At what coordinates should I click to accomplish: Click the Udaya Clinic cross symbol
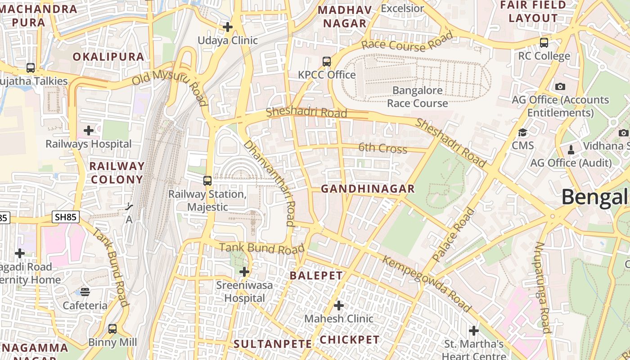(x=228, y=27)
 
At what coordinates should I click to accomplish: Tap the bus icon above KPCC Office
(x=327, y=62)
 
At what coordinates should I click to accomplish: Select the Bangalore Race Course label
(x=418, y=97)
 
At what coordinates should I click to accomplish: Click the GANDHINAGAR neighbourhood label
(x=368, y=189)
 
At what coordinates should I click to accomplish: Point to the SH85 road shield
(x=66, y=217)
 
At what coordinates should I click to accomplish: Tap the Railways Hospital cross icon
(x=89, y=131)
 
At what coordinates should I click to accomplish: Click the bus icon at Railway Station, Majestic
(x=207, y=181)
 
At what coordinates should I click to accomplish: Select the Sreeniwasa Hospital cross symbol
(x=244, y=272)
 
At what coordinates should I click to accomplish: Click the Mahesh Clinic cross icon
(x=339, y=306)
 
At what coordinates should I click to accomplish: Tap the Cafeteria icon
(x=85, y=292)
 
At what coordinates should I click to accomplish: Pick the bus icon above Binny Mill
(x=112, y=329)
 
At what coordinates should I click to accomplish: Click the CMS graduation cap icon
(x=522, y=132)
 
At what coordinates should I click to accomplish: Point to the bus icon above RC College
(x=544, y=43)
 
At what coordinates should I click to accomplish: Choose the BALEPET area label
(x=316, y=276)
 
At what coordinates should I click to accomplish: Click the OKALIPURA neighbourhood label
(x=108, y=57)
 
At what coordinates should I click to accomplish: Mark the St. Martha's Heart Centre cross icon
(x=474, y=331)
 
